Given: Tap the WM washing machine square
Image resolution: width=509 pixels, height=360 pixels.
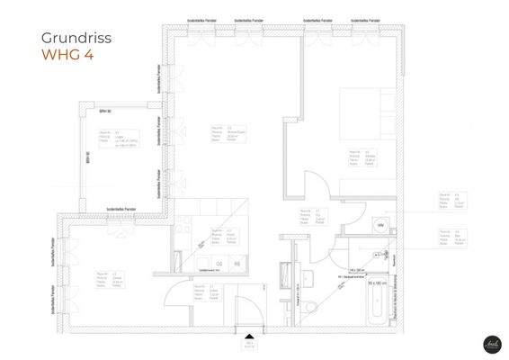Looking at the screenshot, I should point(380,224).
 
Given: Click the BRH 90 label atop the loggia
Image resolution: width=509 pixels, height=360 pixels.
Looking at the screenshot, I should point(104,111).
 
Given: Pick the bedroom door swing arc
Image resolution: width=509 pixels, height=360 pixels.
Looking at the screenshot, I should point(316,186).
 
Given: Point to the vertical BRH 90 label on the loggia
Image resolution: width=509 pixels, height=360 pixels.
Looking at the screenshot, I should point(89,156).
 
